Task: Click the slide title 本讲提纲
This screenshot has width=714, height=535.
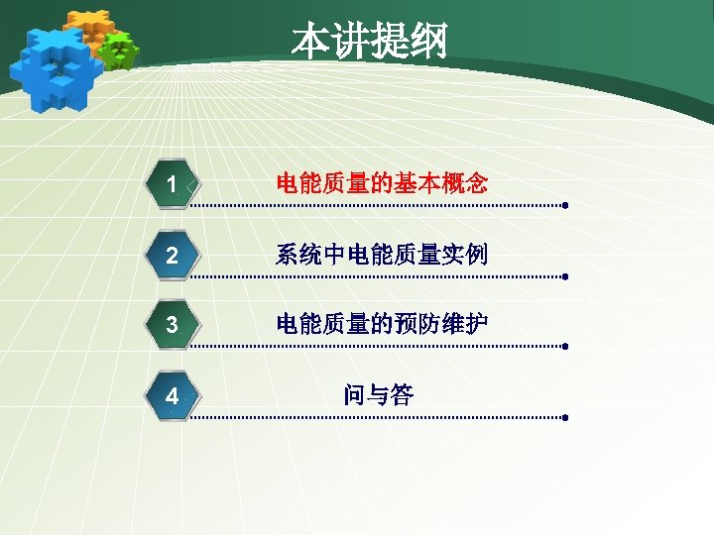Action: (369, 42)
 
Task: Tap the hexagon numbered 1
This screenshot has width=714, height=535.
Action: (173, 184)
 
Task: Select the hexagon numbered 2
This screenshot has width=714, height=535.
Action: (173, 256)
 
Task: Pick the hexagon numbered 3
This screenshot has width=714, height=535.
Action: (173, 325)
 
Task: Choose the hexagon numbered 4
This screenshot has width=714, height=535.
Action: (173, 396)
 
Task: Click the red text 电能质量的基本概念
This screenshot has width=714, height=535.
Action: (381, 183)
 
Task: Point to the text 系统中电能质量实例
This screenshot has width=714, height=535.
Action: (381, 255)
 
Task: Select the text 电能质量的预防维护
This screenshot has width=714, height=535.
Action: (381, 324)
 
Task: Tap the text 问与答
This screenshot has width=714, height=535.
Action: (378, 395)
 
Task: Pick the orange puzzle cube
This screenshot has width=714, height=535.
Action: (91, 28)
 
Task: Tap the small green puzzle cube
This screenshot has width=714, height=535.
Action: (120, 50)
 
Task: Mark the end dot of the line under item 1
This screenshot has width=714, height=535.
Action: (564, 207)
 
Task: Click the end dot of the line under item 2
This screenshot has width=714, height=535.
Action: (564, 277)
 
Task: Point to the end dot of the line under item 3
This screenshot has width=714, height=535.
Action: (564, 348)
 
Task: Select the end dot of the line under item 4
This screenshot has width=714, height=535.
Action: (564, 418)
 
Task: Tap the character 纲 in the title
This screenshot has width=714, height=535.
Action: (428, 42)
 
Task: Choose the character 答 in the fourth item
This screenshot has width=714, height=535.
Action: (402, 395)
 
